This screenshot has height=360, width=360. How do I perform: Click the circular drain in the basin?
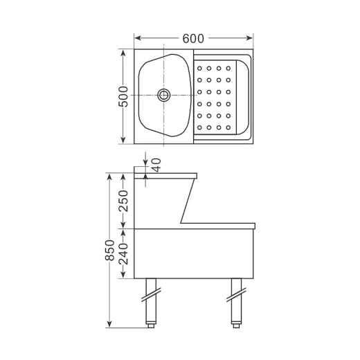pyautogui.click(x=164, y=96)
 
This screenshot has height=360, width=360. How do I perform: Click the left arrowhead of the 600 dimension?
pyautogui.click(x=137, y=38)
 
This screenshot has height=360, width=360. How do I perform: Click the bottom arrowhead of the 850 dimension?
pyautogui.click(x=109, y=325)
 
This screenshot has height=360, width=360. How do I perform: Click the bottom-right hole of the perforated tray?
pyautogui.click(x=229, y=127)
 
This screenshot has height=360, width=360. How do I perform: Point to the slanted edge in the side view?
pyautogui.click(x=188, y=201)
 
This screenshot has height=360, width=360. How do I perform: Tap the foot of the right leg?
pyautogui.click(x=235, y=323)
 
